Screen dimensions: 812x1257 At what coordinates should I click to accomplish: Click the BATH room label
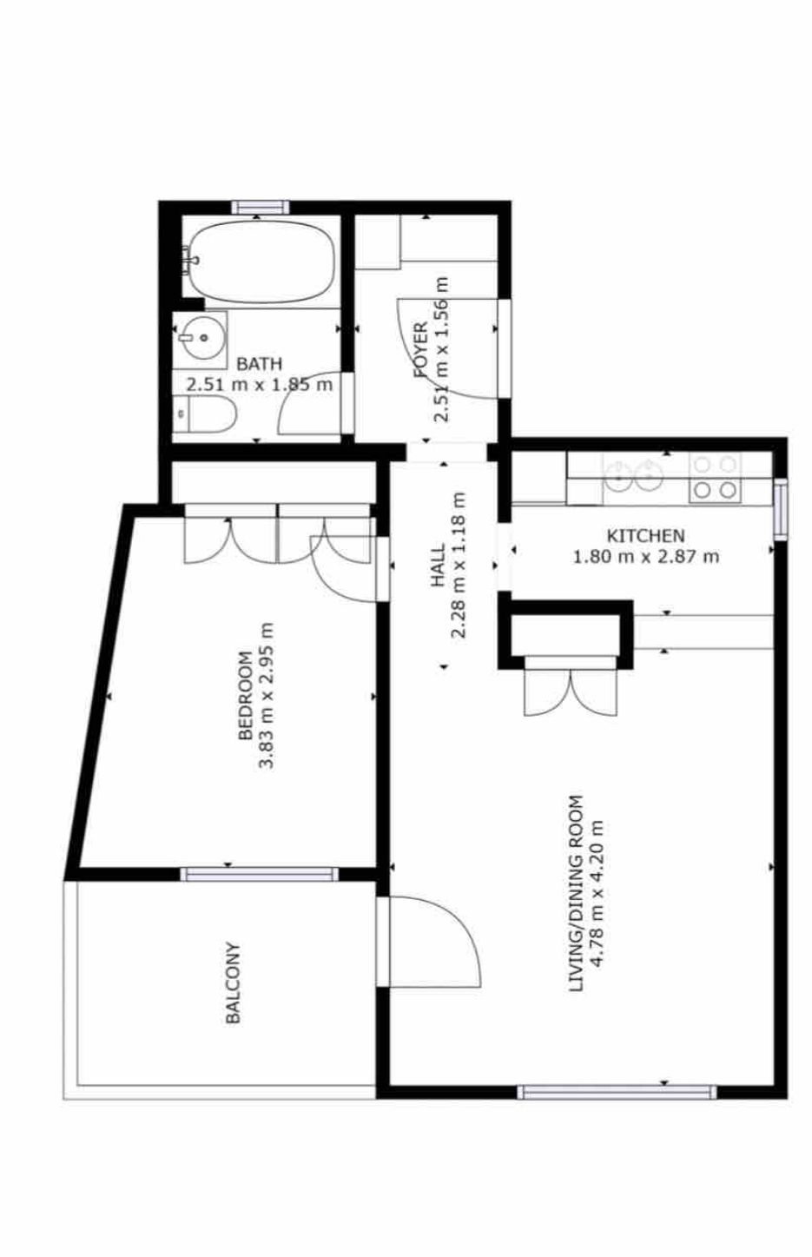(259, 364)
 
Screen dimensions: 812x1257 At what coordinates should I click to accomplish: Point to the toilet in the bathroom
(204, 414)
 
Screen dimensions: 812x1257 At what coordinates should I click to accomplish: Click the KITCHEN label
(646, 535)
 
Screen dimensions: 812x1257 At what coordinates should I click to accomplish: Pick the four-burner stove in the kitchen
(715, 478)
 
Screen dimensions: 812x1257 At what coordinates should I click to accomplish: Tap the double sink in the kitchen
(634, 475)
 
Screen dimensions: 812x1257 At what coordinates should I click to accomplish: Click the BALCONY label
(233, 982)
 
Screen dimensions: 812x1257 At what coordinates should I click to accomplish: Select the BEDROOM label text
(245, 696)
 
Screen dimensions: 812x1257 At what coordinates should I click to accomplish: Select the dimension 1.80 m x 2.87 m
(646, 557)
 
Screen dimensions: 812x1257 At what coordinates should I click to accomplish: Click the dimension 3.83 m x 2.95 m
(267, 696)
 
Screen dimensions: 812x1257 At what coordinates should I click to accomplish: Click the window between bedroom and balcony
(260, 874)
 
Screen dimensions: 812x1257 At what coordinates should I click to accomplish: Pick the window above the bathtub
(261, 207)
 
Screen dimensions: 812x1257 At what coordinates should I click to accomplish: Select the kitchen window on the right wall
(780, 510)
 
